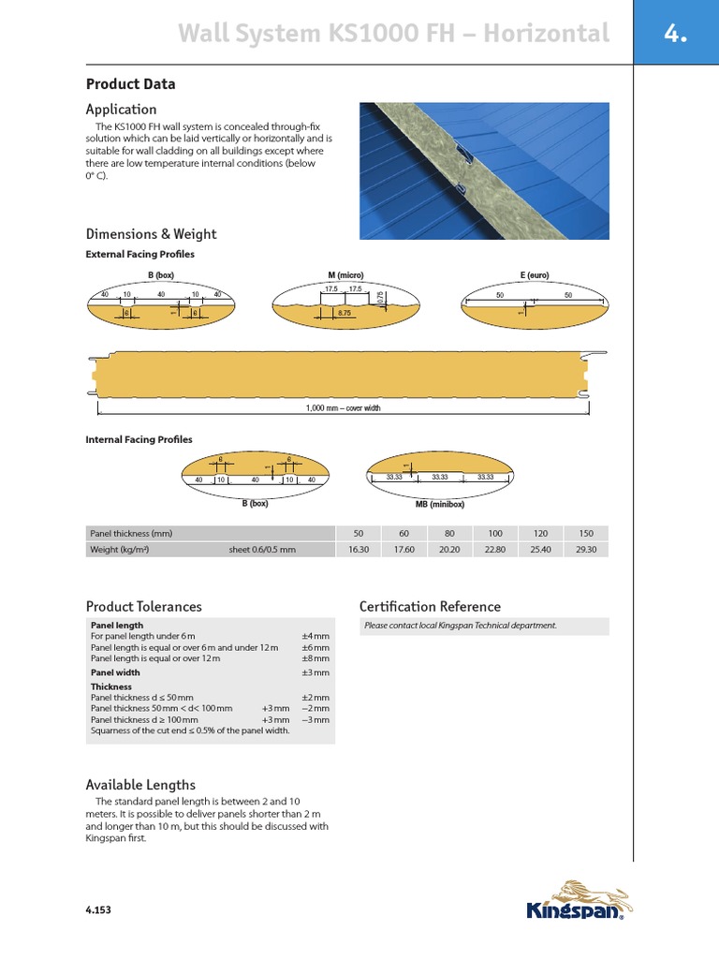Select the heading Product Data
click(130, 84)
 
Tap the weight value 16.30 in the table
click(359, 550)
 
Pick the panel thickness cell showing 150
click(586, 533)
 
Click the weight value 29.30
click(586, 550)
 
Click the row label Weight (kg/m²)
click(119, 550)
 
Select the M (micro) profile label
click(345, 275)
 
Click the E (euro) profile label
click(534, 275)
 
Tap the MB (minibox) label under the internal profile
click(439, 503)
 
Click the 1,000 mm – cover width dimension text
click(344, 408)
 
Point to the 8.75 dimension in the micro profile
click(345, 314)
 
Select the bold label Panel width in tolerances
click(114, 672)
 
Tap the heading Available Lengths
click(140, 785)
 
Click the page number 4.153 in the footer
click(98, 909)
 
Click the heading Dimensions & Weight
click(151, 234)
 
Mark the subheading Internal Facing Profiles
click(139, 439)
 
